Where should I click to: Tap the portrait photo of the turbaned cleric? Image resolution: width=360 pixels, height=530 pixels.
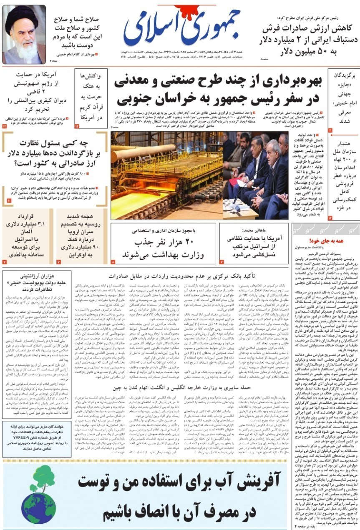coord(24,35)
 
